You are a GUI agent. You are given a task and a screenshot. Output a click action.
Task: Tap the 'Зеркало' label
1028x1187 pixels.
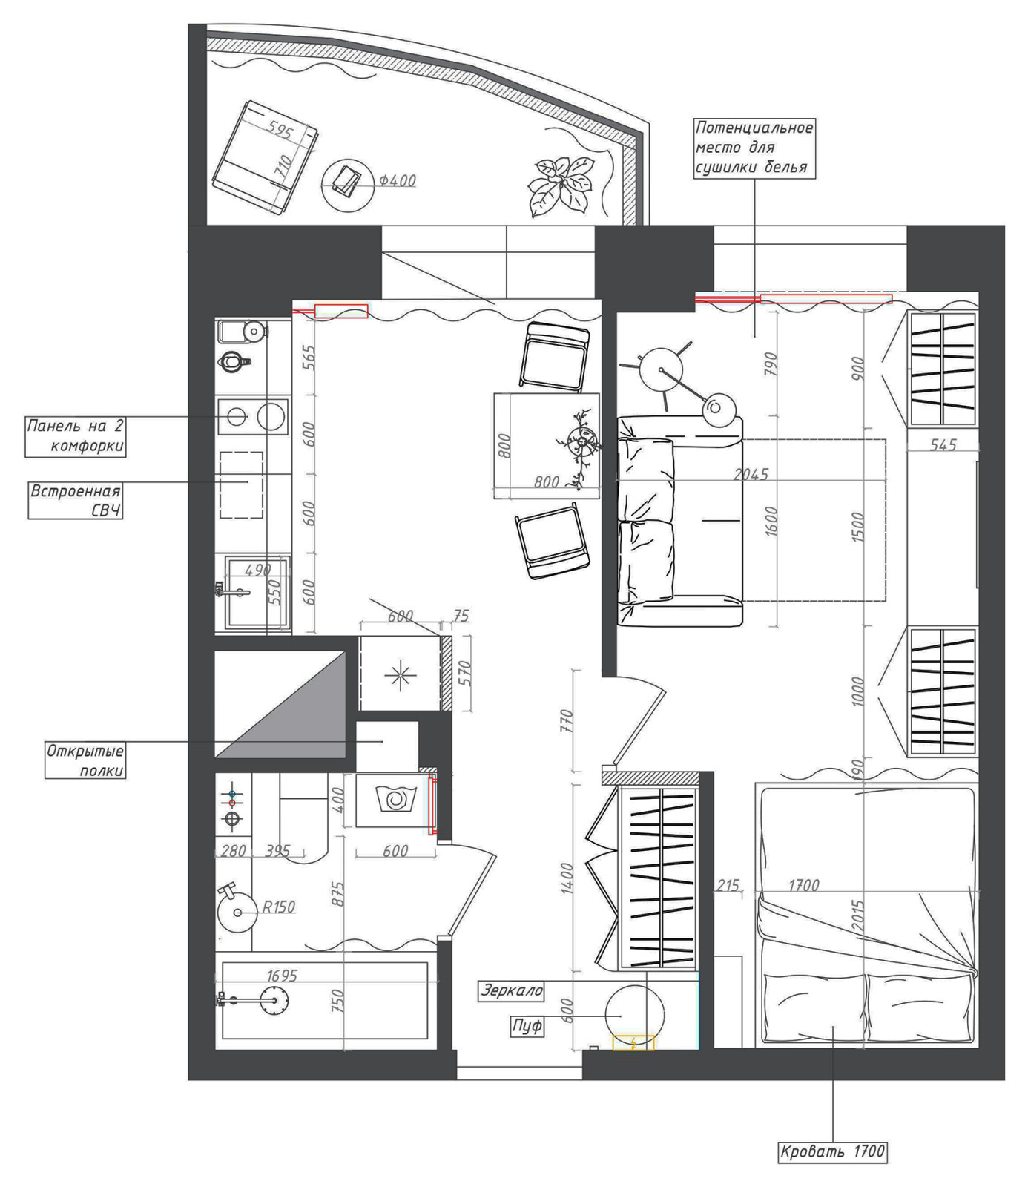[512, 990]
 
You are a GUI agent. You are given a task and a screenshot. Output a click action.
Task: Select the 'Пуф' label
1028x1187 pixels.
[527, 1026]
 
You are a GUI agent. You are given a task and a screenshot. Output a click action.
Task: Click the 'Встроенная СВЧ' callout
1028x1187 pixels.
[75, 501]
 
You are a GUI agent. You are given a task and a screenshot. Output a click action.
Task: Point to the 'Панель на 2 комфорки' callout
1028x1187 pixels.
[75, 436]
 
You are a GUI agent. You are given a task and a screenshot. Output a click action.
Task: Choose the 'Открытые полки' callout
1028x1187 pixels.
[85, 760]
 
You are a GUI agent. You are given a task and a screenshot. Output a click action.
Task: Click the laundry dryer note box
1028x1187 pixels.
[754, 148]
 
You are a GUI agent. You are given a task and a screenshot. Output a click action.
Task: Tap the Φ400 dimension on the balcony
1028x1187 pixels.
[397, 181]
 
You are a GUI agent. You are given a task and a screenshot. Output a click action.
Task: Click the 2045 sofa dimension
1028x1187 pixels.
[751, 474]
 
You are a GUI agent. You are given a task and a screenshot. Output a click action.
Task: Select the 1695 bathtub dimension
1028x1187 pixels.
[281, 976]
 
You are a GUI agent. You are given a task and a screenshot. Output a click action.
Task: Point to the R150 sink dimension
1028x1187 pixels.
[279, 907]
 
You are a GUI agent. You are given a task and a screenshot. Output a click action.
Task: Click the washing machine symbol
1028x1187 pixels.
[393, 800]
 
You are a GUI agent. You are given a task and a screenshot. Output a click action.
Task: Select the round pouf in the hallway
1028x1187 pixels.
[635, 1013]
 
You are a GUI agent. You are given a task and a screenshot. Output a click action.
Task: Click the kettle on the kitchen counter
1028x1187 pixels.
[234, 363]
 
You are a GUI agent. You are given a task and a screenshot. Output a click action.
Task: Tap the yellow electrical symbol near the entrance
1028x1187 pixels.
[633, 1042]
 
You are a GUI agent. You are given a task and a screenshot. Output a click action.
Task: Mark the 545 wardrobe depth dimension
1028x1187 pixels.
[943, 445]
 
